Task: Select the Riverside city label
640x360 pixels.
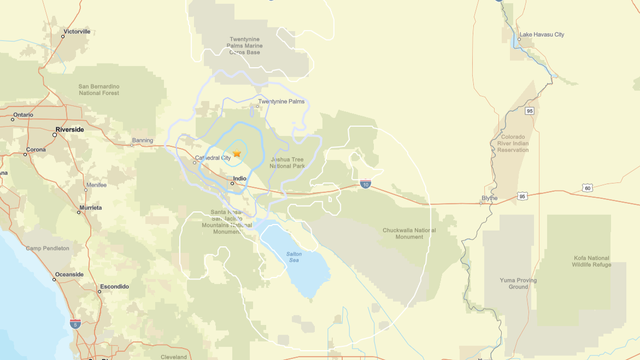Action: [70, 130]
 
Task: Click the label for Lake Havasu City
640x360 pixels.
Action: [541, 35]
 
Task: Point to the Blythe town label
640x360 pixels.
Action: [489, 198]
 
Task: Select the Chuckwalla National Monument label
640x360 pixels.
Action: [412, 233]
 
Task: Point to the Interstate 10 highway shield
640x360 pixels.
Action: [366, 185]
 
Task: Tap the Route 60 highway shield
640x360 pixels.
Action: [588, 188]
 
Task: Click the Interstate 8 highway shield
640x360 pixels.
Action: [75, 324]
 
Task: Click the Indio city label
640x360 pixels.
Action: [239, 180]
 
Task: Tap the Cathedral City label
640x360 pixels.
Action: [212, 158]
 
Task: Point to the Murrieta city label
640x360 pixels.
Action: [91, 209]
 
